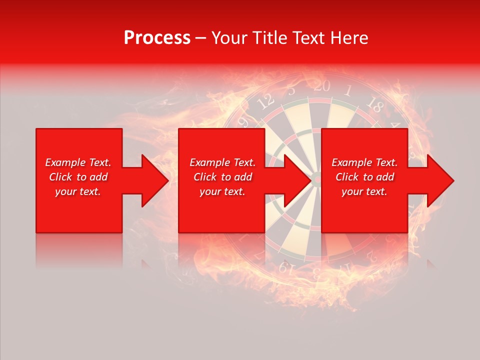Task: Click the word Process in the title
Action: [157, 38]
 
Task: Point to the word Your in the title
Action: [229, 38]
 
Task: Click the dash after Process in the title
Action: [200, 38]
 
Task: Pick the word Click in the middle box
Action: [205, 177]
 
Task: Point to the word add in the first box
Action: [98, 177]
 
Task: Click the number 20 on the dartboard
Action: [322, 86]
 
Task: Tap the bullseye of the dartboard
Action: [316, 177]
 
